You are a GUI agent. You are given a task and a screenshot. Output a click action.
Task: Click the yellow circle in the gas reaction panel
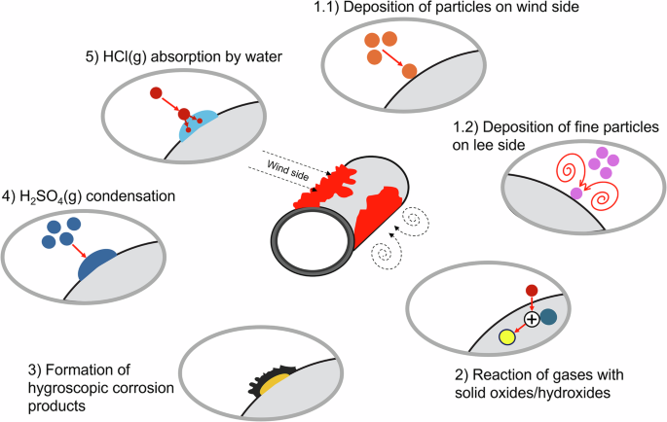tap(506, 337)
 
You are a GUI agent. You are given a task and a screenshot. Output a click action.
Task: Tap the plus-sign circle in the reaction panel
tap(531, 319)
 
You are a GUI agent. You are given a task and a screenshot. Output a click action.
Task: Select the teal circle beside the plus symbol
tap(549, 316)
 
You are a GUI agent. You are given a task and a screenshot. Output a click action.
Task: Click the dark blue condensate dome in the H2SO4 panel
tap(97, 264)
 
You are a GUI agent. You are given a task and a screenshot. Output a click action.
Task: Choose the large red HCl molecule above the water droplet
tap(156, 93)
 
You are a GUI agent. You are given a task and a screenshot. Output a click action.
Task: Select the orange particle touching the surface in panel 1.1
tap(409, 71)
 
